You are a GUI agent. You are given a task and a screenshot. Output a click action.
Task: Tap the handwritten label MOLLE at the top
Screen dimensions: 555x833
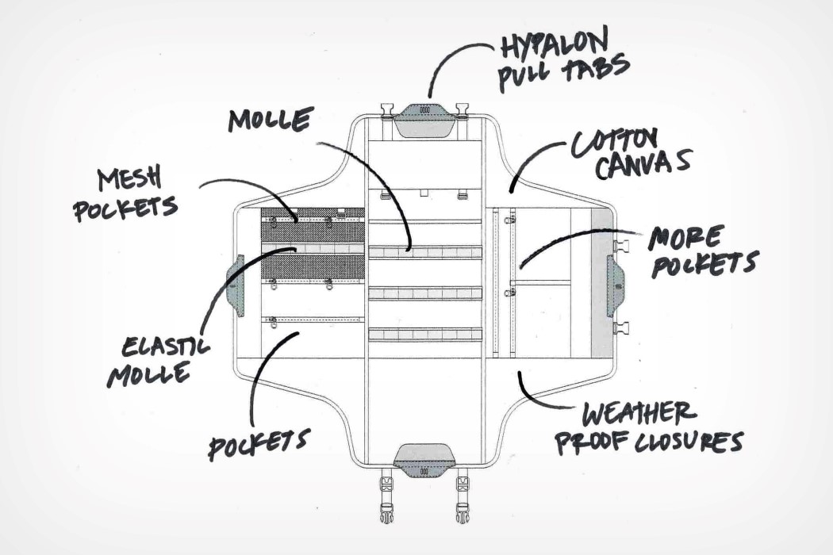(x=269, y=121)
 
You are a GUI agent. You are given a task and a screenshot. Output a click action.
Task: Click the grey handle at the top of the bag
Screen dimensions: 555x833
(x=425, y=117)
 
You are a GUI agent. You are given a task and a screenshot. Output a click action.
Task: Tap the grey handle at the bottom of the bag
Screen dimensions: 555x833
(x=425, y=461)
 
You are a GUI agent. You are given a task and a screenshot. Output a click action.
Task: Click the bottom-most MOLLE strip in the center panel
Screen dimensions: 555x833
(x=425, y=335)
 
